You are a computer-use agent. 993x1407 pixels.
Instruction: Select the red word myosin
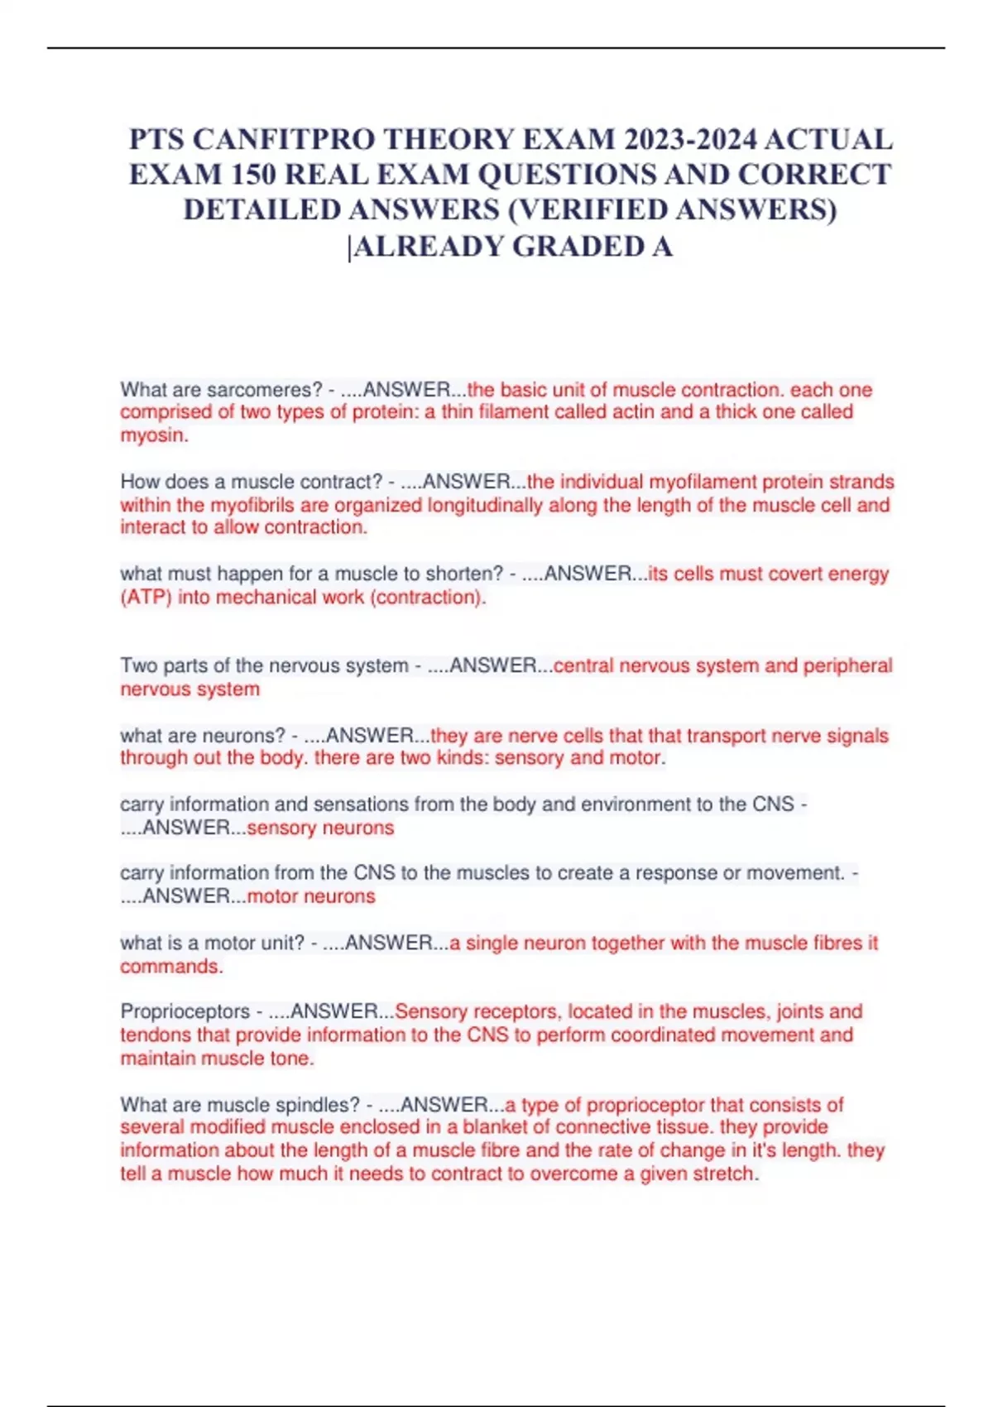(152, 435)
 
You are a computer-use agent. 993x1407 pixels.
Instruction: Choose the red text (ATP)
(146, 598)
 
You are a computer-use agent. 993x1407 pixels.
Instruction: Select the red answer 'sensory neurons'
(320, 828)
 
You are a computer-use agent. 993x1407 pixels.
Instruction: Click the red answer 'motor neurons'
(311, 896)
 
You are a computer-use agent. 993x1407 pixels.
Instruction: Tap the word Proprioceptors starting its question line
(185, 1011)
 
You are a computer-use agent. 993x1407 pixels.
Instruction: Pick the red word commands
(170, 967)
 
